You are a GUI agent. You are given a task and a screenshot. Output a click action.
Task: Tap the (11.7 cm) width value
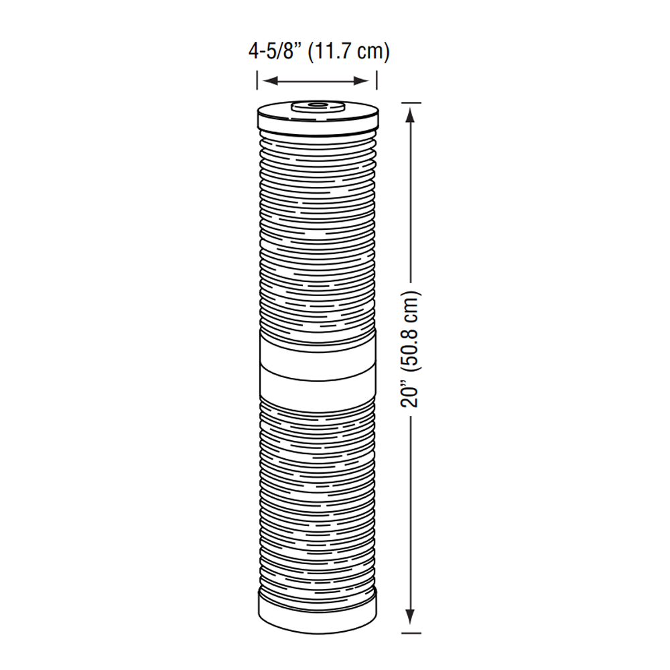(x=348, y=52)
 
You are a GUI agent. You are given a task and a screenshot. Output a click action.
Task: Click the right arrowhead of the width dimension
(x=365, y=81)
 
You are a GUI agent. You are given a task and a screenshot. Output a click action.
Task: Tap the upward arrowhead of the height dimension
(x=411, y=114)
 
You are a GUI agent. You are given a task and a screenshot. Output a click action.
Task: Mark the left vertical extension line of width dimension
(x=257, y=80)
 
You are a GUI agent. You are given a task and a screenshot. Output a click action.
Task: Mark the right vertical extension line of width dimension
(x=376, y=80)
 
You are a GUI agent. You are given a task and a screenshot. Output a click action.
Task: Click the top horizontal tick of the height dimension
(x=411, y=103)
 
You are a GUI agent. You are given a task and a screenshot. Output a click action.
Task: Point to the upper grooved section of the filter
(x=317, y=228)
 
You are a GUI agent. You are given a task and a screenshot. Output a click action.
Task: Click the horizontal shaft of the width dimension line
(x=316, y=81)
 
